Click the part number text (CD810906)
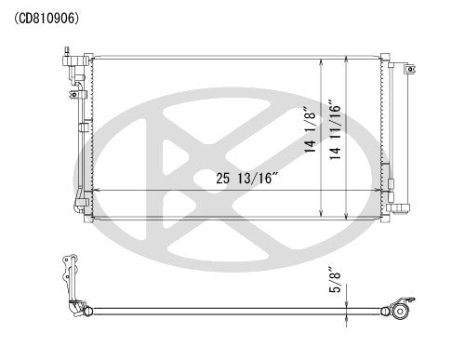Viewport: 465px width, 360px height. pyautogui.click(x=46, y=17)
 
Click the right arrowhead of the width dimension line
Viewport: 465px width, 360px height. pyautogui.click(x=380, y=190)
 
